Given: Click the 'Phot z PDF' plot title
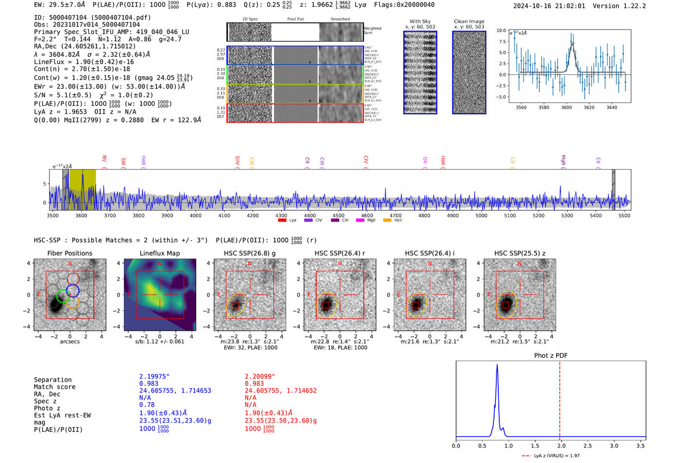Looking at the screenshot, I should click(x=550, y=356).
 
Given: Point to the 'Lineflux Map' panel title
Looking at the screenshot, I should click(x=159, y=253).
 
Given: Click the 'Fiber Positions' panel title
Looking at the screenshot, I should click(x=69, y=253).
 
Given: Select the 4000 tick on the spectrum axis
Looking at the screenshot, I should click(x=195, y=215).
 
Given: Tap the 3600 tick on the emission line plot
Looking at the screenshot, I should click(x=566, y=107).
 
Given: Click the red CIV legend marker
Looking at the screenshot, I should click(x=365, y=160).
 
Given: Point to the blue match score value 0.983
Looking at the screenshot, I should click(x=149, y=384).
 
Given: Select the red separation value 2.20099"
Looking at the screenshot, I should click(x=260, y=377).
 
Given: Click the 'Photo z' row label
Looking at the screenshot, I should click(x=47, y=408).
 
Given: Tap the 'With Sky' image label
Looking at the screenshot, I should click(x=420, y=21).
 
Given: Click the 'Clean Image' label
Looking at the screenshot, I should click(x=469, y=21).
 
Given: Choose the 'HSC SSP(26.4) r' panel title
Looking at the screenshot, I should click(x=340, y=253).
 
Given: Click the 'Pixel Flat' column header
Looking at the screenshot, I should click(x=295, y=19).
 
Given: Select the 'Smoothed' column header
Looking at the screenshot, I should click(x=340, y=19).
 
